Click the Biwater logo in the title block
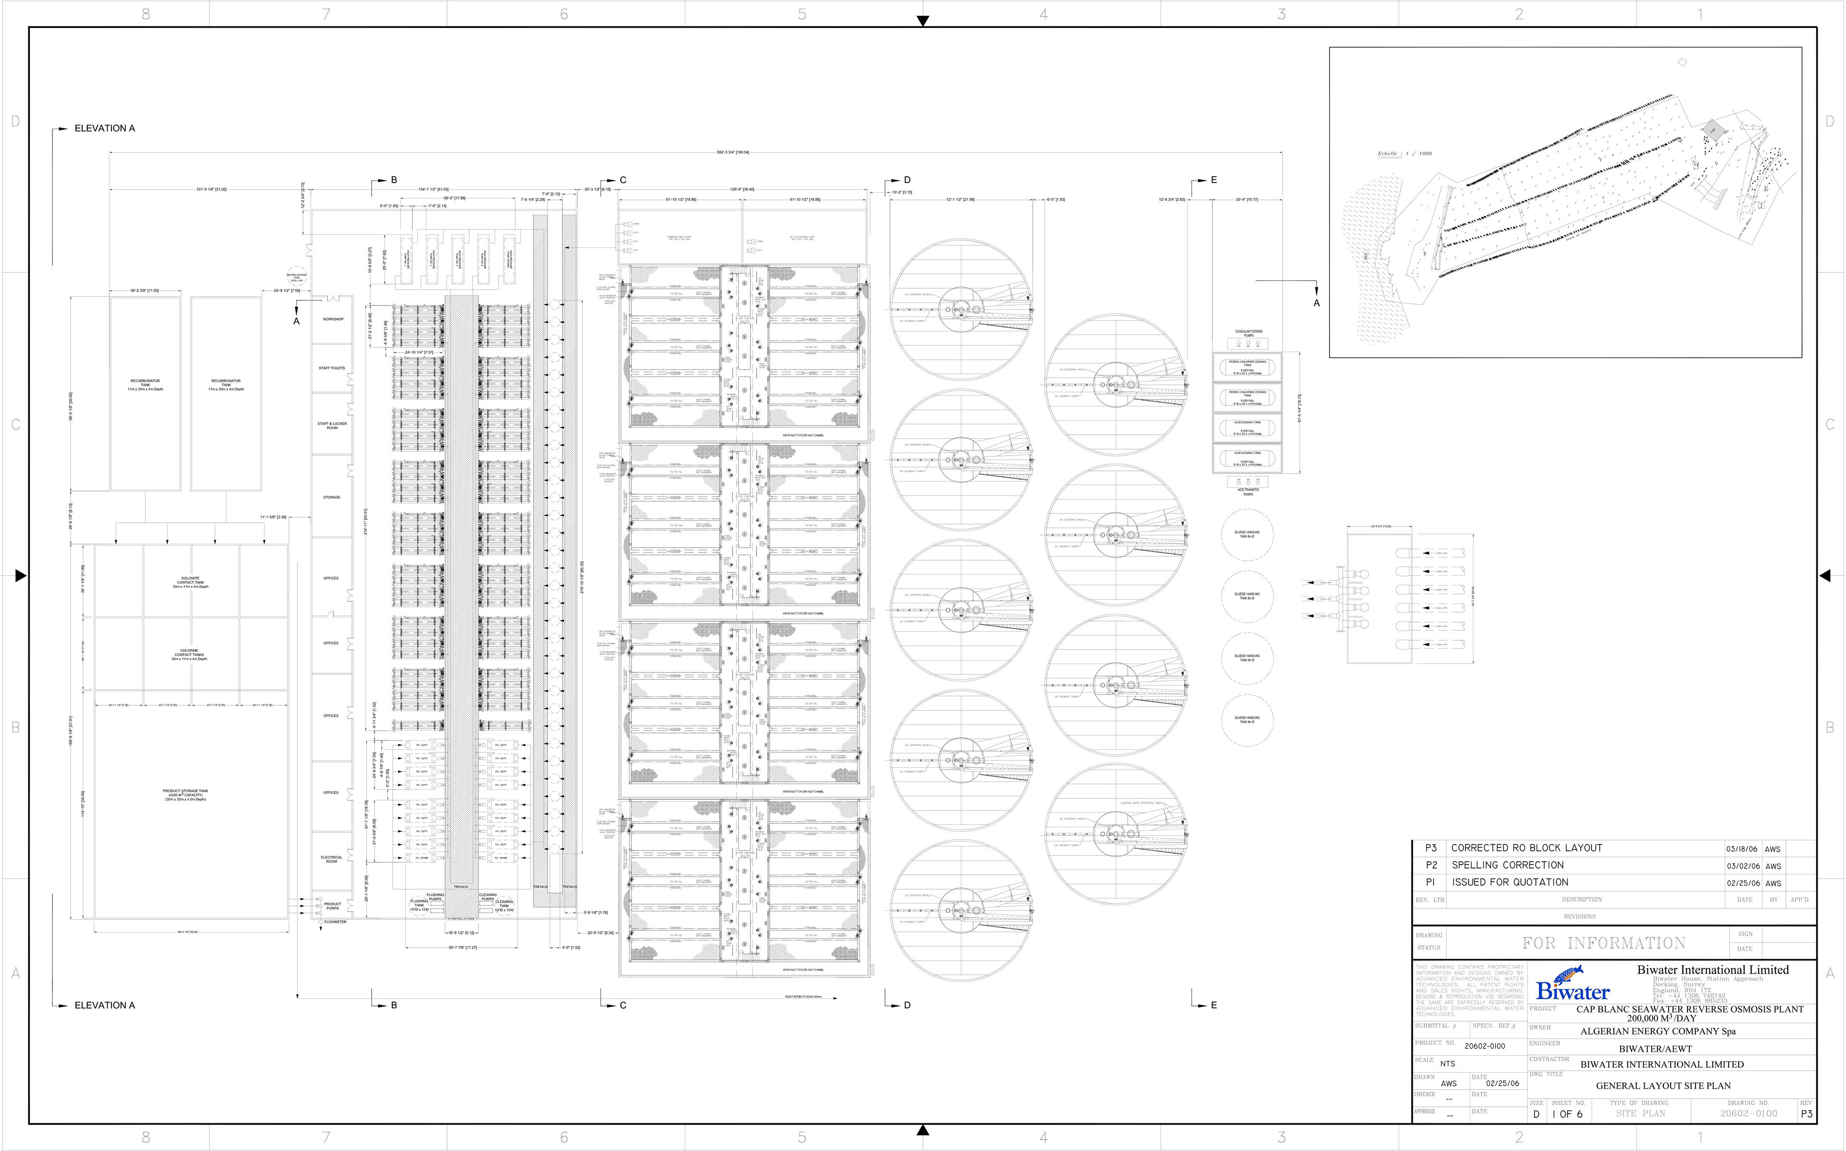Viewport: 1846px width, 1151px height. pyautogui.click(x=1572, y=983)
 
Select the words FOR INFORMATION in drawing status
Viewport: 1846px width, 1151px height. pyautogui.click(x=1604, y=943)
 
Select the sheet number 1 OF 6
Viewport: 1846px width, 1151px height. pyautogui.click(x=1567, y=1114)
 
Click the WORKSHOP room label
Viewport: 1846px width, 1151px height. pyautogui.click(x=333, y=319)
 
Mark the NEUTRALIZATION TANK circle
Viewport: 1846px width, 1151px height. pyautogui.click(x=296, y=277)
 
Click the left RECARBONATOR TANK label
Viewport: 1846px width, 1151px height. pyautogui.click(x=145, y=384)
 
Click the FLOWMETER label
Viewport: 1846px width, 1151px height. pyautogui.click(x=335, y=922)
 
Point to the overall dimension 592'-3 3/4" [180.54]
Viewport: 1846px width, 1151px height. pyautogui.click(x=733, y=152)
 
